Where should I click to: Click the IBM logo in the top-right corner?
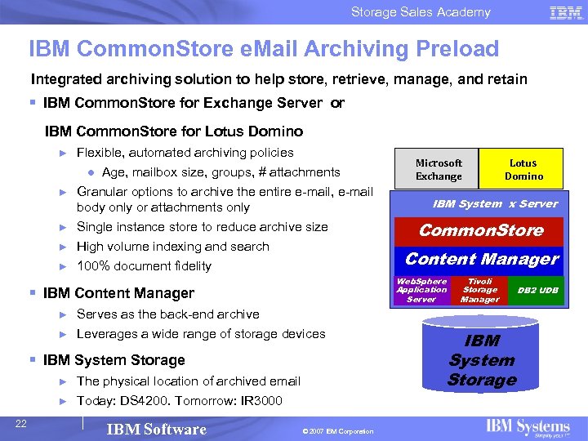(x=566, y=12)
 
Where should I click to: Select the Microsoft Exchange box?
(x=439, y=170)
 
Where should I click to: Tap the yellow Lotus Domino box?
(x=523, y=170)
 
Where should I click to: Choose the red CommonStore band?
(x=481, y=230)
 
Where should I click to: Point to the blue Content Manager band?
(x=481, y=260)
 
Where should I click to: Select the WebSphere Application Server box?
(x=421, y=290)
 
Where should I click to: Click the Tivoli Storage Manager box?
(x=479, y=290)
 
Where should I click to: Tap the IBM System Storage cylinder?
(x=482, y=360)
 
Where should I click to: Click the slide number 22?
(x=22, y=421)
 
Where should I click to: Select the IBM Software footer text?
(x=157, y=430)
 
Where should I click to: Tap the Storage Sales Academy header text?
(x=421, y=12)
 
